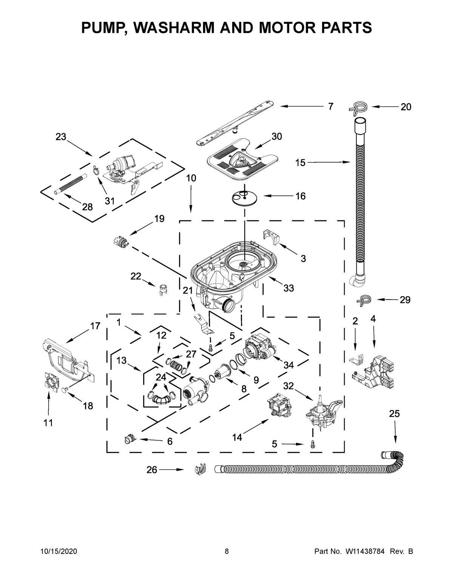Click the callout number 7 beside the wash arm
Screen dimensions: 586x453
click(x=330, y=107)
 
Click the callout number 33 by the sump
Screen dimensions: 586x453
click(x=288, y=288)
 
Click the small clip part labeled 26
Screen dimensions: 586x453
click(x=199, y=470)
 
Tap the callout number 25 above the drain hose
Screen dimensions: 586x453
click(x=394, y=414)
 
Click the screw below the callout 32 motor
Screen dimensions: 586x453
click(x=313, y=445)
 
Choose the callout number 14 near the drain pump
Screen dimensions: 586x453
click(x=237, y=437)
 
